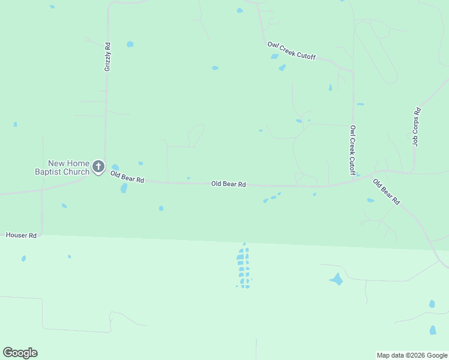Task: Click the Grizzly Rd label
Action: click(107, 57)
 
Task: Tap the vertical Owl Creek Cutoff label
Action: click(353, 151)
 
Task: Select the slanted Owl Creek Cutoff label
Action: click(292, 52)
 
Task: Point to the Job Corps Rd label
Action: click(416, 127)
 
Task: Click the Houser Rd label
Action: click(21, 236)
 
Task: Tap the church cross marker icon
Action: click(98, 166)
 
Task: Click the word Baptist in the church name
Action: click(48, 172)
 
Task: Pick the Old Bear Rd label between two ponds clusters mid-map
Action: click(229, 184)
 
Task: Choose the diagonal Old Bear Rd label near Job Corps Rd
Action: click(386, 192)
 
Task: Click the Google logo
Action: click(20, 353)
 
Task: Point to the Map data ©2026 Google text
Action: click(412, 355)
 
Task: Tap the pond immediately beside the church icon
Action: click(115, 167)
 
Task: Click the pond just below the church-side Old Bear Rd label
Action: click(124, 188)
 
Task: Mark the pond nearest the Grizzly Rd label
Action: click(130, 44)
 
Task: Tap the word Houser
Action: click(16, 236)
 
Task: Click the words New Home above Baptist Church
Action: click(68, 163)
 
